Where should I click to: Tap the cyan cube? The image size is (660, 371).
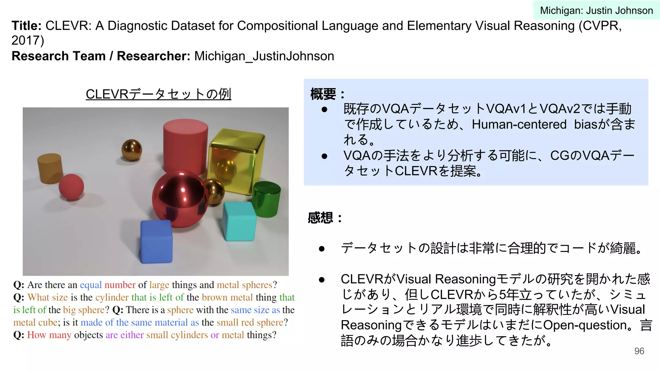239,222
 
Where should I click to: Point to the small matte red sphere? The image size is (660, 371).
71,187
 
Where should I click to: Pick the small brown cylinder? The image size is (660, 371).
50,168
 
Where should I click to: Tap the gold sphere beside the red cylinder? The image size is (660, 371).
131,150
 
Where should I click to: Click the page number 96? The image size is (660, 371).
639,351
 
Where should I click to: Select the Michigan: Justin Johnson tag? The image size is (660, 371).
596,10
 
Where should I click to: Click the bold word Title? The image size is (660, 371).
26,26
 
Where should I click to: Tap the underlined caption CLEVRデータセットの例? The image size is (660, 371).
158,94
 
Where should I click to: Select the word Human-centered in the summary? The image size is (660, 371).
519,124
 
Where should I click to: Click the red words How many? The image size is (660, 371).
49,335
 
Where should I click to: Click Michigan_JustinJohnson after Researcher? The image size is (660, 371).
264,56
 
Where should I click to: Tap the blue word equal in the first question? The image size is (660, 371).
91,285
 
